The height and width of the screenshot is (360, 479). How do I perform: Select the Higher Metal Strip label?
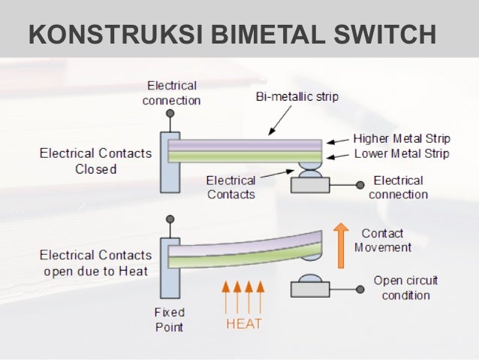401,139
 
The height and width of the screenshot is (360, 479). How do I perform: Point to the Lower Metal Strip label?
401,153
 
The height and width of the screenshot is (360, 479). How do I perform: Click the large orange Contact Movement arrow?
342,245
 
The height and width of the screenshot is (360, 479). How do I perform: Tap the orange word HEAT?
244,325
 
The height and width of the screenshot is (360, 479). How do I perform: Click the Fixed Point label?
169,319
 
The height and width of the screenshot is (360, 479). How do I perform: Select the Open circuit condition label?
405,288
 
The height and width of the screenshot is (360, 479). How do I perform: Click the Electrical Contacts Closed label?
95,161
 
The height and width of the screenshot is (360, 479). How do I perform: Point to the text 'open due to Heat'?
95,271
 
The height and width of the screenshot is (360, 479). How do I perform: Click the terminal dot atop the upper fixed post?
170,113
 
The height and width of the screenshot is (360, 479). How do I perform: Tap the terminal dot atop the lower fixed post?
170,221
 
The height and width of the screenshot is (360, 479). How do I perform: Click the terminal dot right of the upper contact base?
360,183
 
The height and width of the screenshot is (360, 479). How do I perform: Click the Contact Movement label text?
383,241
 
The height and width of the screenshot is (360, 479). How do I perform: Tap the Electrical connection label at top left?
172,92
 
